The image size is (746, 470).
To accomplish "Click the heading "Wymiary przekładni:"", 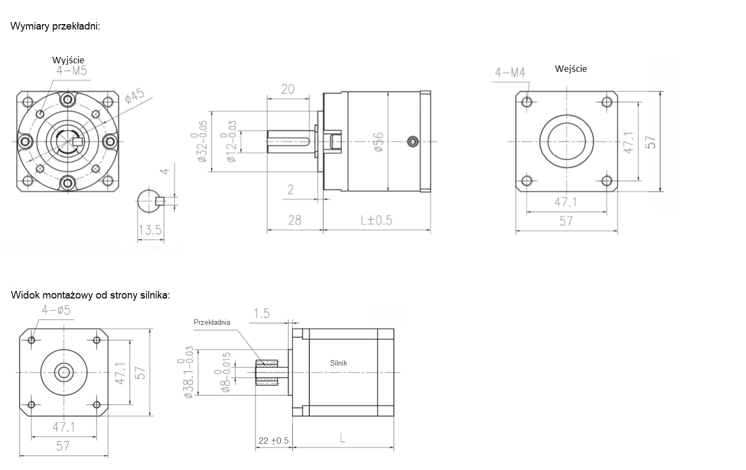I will (55, 26).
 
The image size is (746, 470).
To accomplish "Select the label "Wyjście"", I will (68, 60).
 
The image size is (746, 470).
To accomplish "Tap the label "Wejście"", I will (571, 69).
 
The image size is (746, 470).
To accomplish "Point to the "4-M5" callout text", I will (72, 70).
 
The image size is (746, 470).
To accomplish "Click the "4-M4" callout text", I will (510, 72).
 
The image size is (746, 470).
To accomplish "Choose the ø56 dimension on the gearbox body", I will (378, 142).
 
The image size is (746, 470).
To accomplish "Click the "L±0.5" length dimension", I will (376, 220).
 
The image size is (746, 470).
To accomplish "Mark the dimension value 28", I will (295, 220).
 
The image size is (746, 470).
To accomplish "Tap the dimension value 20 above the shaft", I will (288, 89).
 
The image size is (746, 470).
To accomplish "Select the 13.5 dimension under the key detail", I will (150, 230).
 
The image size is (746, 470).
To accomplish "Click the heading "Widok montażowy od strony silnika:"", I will (90, 295).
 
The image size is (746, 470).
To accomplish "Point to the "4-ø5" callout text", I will (56, 310).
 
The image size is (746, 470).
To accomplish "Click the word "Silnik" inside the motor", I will (339, 363).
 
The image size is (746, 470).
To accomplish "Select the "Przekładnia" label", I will (212, 322).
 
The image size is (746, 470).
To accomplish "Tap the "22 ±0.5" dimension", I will (274, 441).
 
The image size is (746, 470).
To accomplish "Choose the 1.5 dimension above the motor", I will (261, 314).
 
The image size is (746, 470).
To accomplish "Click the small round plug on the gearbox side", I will (412, 141).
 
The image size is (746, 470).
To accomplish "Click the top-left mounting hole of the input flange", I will (526, 102).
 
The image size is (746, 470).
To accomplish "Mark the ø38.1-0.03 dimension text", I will (188, 372).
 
